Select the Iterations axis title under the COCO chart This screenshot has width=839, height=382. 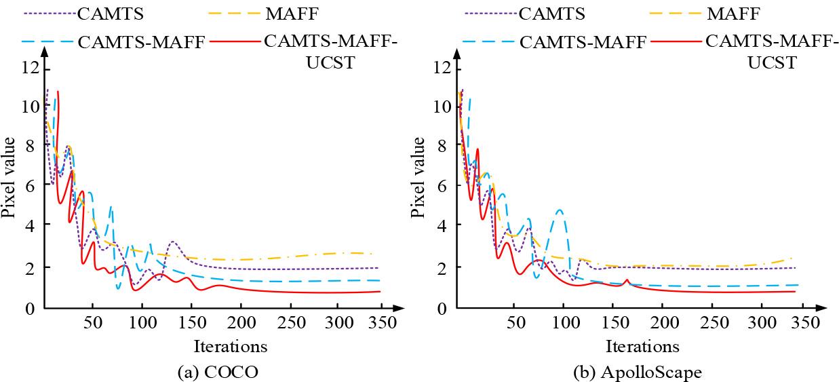[231, 347]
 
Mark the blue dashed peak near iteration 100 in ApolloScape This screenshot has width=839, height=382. [560, 210]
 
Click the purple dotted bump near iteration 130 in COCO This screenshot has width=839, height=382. [174, 242]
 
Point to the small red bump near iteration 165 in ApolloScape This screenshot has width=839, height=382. [627, 280]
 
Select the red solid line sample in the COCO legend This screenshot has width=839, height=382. [235, 43]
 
